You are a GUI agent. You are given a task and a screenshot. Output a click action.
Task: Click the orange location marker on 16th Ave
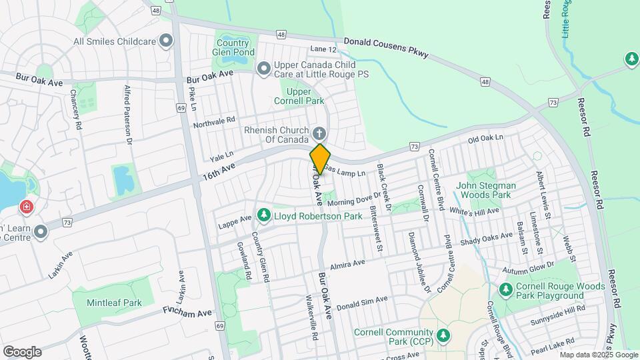tap(320, 159)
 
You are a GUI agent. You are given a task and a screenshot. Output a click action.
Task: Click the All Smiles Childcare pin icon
tap(167, 41)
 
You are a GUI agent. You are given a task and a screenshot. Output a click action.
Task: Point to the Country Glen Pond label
tap(233, 46)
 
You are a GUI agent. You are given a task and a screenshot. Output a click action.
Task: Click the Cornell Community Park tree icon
tap(443, 334)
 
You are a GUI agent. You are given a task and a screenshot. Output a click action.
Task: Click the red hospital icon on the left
tap(26, 207)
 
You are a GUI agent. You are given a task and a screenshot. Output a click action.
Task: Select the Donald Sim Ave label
tap(361, 303)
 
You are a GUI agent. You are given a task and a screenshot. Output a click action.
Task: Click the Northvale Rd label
tap(214, 123)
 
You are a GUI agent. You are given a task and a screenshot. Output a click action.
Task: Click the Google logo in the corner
tap(22, 351)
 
